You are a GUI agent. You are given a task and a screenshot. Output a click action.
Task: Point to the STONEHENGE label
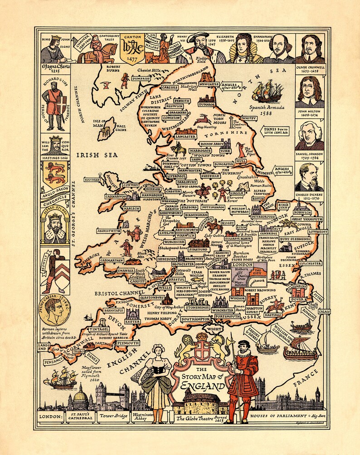(198, 307)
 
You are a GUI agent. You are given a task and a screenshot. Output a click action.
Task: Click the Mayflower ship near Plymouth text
(64, 377)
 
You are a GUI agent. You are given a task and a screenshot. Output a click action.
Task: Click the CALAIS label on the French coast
(324, 311)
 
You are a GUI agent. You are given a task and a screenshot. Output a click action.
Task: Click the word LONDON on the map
(242, 264)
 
